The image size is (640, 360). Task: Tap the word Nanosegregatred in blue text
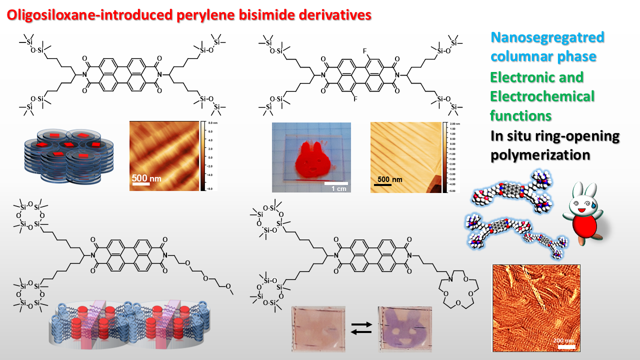pos(547,37)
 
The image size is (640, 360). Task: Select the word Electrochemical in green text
pos(542,96)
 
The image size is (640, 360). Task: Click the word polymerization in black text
pos(540,155)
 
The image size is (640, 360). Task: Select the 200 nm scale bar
pos(565,345)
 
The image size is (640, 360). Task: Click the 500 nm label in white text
pos(146,177)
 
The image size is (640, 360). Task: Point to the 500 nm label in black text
pos(390,179)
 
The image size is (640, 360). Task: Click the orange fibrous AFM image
pos(536,308)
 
